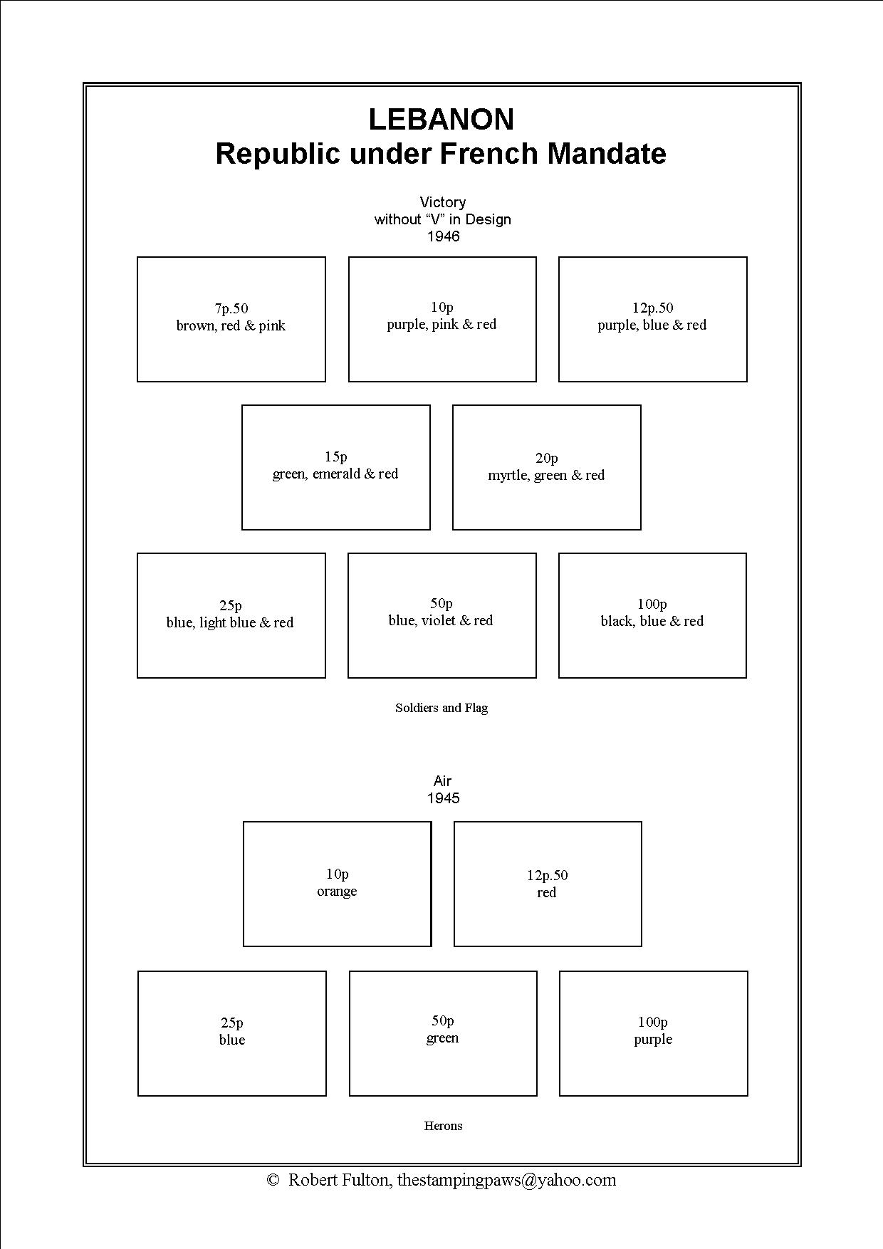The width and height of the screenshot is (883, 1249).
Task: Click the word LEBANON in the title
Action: point(441,120)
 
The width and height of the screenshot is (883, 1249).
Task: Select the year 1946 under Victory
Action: point(443,236)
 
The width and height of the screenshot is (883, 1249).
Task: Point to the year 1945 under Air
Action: point(443,798)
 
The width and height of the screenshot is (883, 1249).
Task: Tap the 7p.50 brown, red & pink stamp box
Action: point(231,319)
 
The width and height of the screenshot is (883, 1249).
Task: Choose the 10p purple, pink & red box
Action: point(442,319)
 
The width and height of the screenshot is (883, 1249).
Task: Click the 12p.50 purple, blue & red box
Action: point(652,319)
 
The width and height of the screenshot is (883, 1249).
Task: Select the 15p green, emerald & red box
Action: point(336,467)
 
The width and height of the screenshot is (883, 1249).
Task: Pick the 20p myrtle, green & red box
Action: point(546,467)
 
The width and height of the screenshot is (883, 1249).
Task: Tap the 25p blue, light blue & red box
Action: point(231,615)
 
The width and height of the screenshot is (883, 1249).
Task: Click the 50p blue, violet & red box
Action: point(441,615)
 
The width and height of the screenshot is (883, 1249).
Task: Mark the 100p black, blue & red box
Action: point(652,615)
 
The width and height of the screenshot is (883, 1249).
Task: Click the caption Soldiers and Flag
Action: point(441,708)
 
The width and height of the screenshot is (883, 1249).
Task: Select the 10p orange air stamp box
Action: point(337,884)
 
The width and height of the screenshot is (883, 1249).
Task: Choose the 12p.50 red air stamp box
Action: point(548,884)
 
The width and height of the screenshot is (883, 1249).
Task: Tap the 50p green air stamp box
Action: point(443,1033)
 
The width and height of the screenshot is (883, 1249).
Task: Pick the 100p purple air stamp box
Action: point(653,1033)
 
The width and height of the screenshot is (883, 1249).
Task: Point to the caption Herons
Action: point(443,1126)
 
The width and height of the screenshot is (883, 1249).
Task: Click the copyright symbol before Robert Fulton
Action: point(273,1181)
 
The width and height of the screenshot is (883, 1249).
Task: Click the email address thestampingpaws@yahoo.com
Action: point(506,1181)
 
